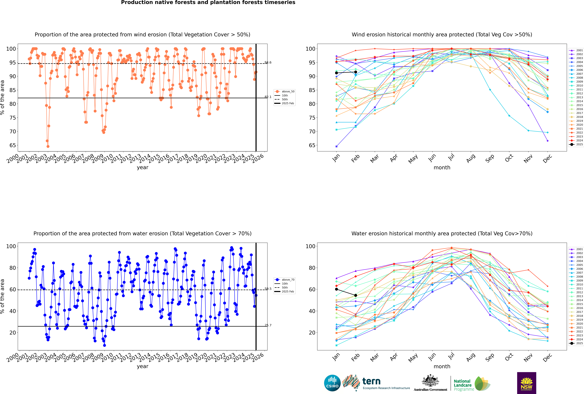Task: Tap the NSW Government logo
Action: tap(526, 383)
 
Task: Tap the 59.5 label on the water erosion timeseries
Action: tap(268, 289)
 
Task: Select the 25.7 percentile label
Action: tap(268, 325)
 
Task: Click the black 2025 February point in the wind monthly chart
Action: tap(356, 72)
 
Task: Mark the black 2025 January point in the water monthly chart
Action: tap(336, 289)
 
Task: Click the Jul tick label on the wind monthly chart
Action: tap(451, 158)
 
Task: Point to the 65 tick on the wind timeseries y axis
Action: tap(13, 145)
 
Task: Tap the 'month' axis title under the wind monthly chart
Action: tap(442, 168)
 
